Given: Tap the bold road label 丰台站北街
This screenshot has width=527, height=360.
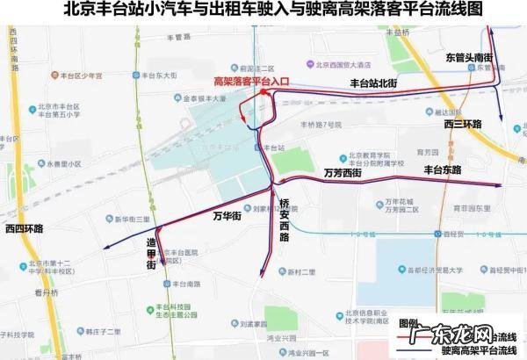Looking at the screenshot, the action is point(373,83).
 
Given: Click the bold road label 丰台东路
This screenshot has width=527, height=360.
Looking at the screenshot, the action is point(444,169).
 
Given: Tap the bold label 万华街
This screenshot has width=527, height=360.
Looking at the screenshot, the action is point(228,213).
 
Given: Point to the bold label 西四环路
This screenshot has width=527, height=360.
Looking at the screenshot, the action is point(25,228).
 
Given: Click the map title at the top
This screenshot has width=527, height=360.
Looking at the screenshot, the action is point(263,11).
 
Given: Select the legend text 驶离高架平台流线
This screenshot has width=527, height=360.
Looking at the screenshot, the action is point(478,349).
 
